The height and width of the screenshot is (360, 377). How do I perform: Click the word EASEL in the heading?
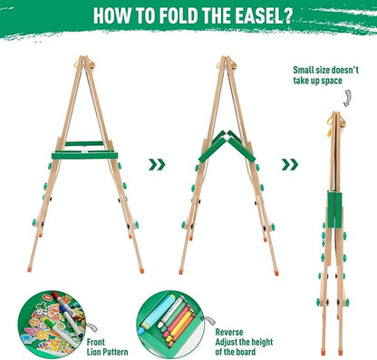256,15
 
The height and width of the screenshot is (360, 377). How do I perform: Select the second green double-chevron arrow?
289,164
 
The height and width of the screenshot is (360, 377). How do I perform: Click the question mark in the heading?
290,15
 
